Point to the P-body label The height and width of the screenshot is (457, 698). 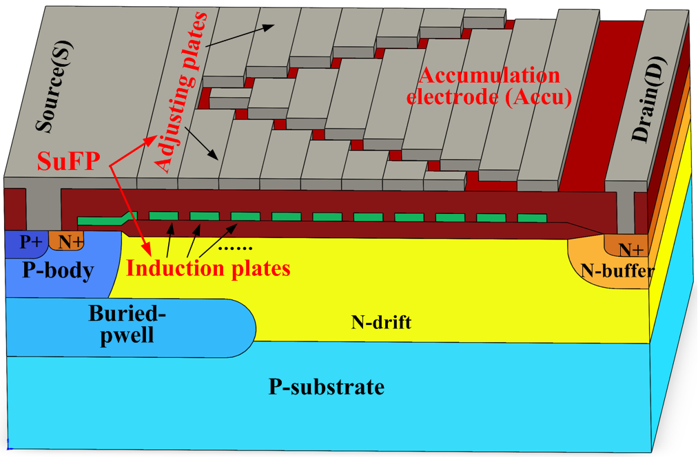58,270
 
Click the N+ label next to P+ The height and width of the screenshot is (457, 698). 68,242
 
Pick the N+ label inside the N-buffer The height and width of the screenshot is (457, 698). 630,248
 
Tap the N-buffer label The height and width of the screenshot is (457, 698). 617,270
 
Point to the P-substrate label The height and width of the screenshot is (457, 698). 326,387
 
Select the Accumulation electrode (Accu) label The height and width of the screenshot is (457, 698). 490,86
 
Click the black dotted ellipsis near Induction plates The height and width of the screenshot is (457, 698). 236,247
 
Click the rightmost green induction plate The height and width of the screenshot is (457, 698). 531,218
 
